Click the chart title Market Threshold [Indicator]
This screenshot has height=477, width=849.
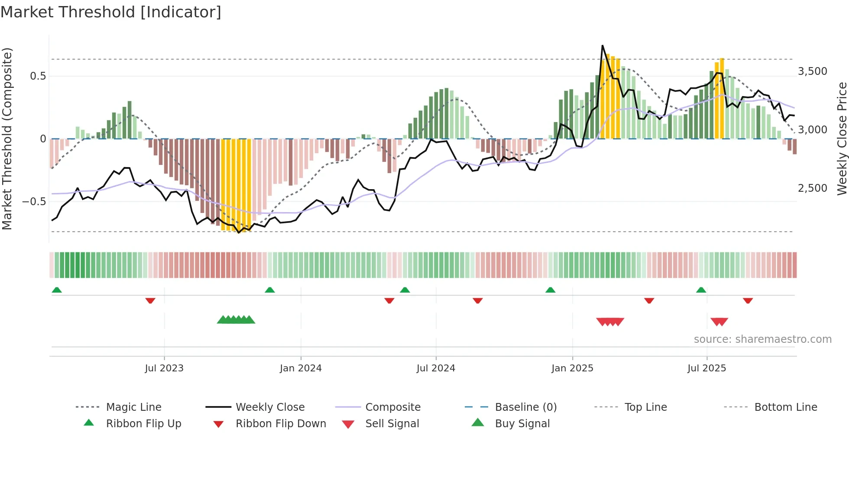click(111, 12)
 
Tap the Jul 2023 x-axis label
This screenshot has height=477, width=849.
click(164, 368)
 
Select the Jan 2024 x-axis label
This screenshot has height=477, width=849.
click(301, 368)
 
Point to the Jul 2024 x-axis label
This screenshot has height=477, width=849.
click(436, 368)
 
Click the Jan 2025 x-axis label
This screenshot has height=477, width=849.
click(572, 368)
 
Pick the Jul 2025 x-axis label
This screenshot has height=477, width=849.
click(706, 368)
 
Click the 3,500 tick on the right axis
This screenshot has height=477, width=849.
click(813, 71)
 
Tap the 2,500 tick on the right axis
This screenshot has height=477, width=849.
click(813, 188)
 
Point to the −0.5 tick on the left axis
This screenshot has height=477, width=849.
click(34, 202)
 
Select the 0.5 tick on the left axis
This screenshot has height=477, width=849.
click(38, 76)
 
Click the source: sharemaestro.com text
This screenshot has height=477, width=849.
click(762, 339)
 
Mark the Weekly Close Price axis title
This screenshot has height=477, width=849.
click(842, 139)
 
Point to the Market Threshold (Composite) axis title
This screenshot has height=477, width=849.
click(7, 139)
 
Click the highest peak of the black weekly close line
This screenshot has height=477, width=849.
click(602, 45)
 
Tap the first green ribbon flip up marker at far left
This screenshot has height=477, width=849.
click(57, 290)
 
